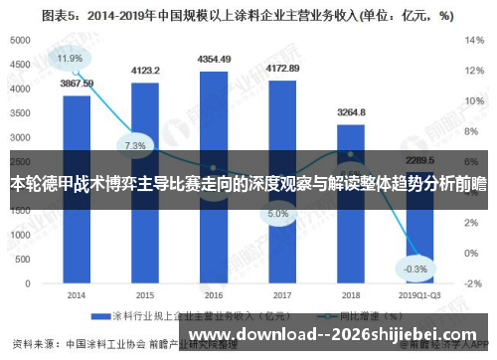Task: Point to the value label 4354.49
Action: click(214, 59)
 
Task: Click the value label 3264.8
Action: click(351, 112)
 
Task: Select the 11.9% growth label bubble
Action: click(70, 59)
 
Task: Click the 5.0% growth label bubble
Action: click(278, 213)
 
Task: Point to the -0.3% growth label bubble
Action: click(415, 241)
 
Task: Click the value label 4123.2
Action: click(145, 71)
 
